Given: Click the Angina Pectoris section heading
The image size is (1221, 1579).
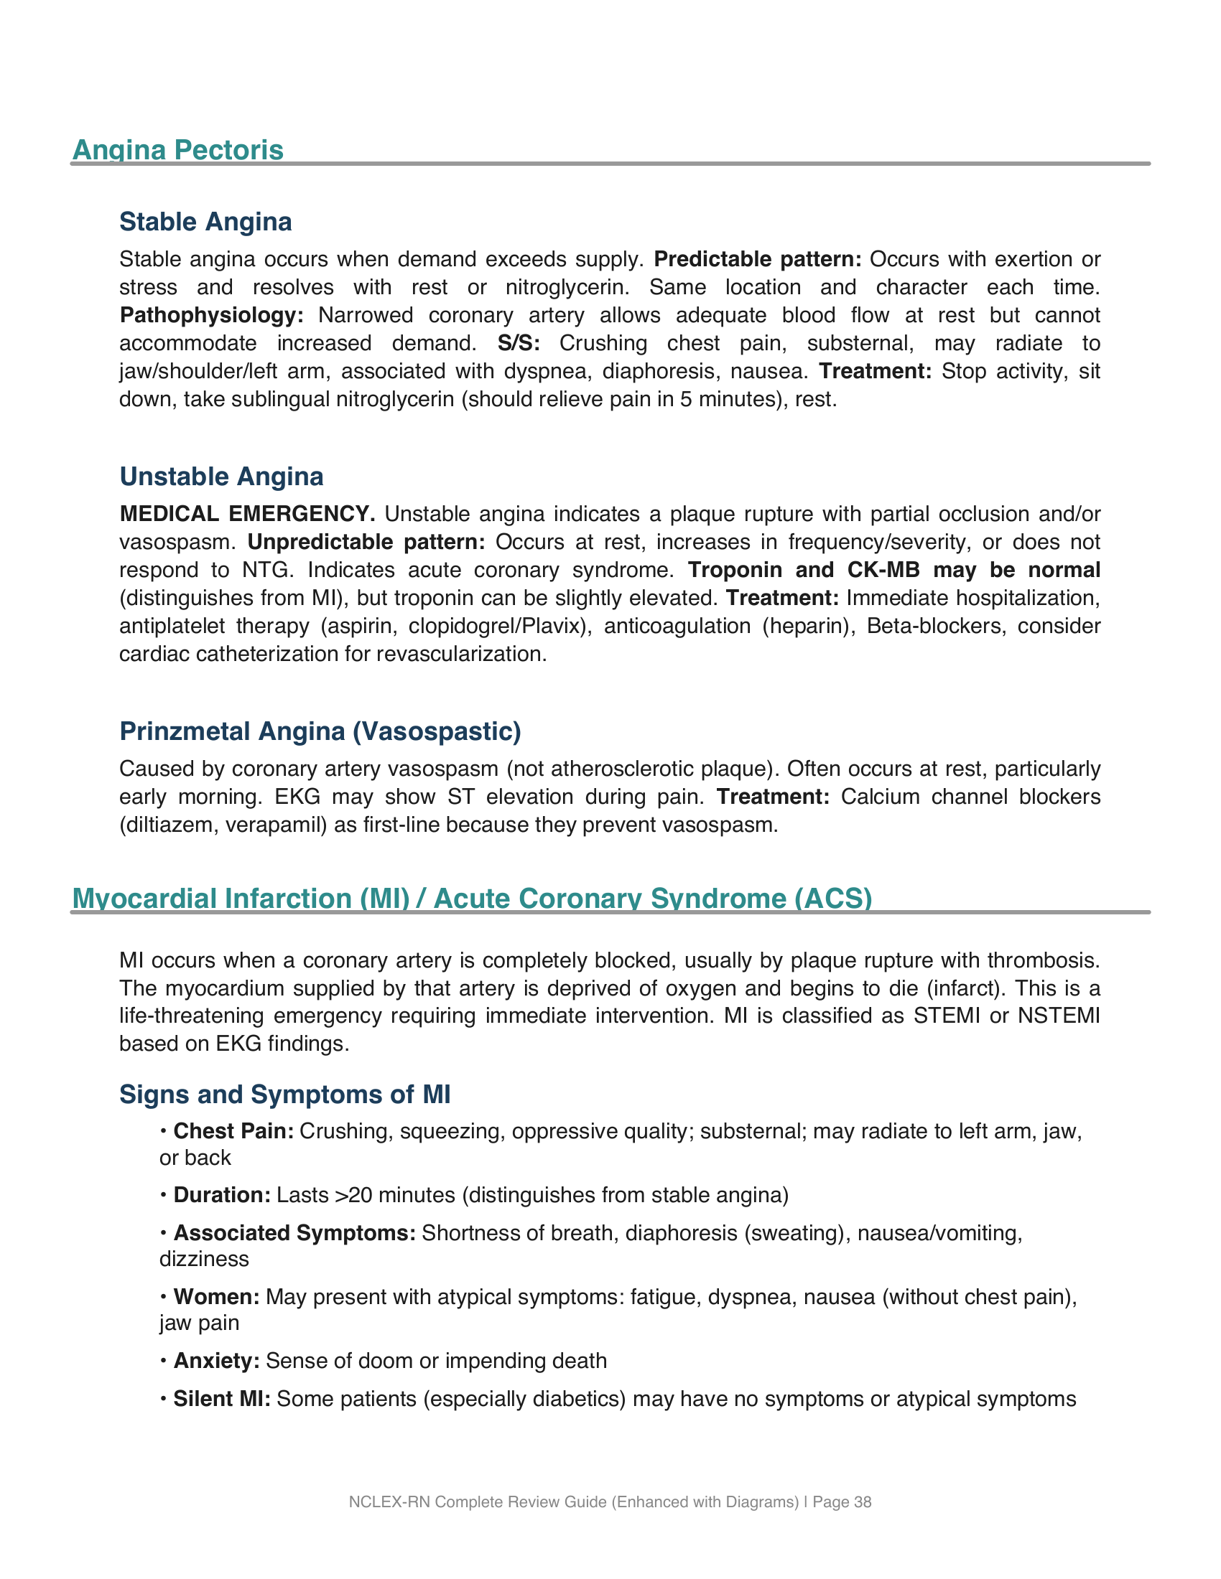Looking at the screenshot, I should pyautogui.click(x=178, y=150).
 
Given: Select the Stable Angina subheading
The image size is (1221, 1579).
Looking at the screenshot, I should pyautogui.click(x=205, y=222).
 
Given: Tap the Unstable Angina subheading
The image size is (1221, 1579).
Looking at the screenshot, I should pyautogui.click(x=221, y=477).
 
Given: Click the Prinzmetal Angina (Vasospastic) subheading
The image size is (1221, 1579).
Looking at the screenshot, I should pyautogui.click(x=320, y=731).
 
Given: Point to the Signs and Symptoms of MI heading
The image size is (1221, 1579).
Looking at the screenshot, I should pyautogui.click(x=284, y=1094).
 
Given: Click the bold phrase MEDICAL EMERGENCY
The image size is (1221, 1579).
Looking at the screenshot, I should pyautogui.click(x=247, y=514).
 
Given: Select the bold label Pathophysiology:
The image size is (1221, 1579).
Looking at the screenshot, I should pyautogui.click(x=211, y=315).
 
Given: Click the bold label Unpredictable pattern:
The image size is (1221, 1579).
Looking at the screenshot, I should pyautogui.click(x=366, y=542).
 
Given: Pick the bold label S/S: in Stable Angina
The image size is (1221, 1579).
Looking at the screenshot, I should pyautogui.click(x=519, y=343).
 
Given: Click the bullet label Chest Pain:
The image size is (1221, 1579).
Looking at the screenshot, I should pyautogui.click(x=233, y=1130).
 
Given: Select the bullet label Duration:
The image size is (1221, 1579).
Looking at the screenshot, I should pyautogui.click(x=221, y=1194).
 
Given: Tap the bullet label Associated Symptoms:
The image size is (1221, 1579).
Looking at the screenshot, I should pyautogui.click(x=294, y=1232).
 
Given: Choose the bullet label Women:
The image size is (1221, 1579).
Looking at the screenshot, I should pyautogui.click(x=215, y=1296).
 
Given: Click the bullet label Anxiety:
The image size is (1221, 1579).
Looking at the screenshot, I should pyautogui.click(x=215, y=1361).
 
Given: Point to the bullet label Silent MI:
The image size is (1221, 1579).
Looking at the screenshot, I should pyautogui.click(x=221, y=1399).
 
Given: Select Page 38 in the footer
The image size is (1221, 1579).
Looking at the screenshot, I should pyautogui.click(x=842, y=1501).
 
